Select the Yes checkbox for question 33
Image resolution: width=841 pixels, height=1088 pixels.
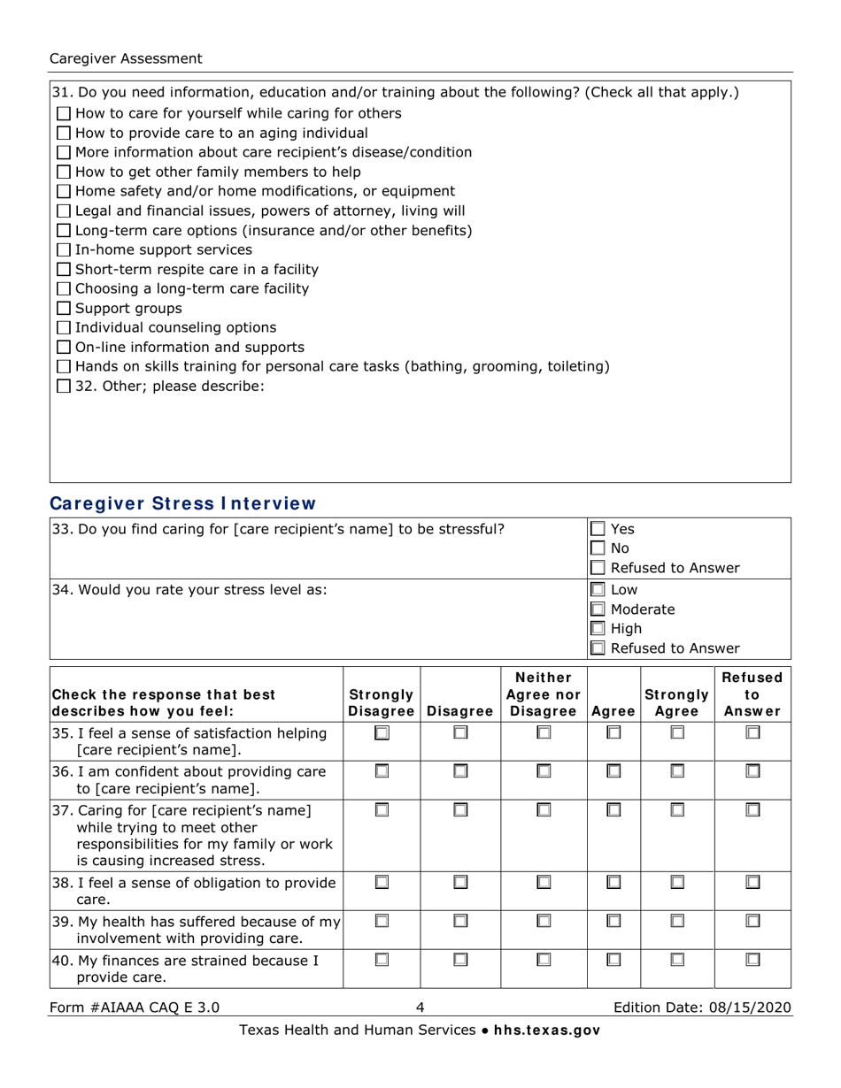598,529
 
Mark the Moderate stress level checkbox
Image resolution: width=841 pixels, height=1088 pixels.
598,609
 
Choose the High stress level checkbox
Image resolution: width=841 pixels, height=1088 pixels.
598,628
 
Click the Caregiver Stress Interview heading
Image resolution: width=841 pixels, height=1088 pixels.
181,504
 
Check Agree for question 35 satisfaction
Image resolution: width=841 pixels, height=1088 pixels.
613,732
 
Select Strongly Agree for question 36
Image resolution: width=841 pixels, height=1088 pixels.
677,772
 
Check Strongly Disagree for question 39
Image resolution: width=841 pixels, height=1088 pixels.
381,922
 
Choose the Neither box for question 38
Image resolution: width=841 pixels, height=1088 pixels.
544,883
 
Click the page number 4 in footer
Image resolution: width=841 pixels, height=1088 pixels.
420,1007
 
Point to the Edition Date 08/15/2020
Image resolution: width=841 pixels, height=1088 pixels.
703,1007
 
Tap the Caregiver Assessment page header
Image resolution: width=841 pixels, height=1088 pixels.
126,58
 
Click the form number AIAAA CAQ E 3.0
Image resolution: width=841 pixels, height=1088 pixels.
135,1007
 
